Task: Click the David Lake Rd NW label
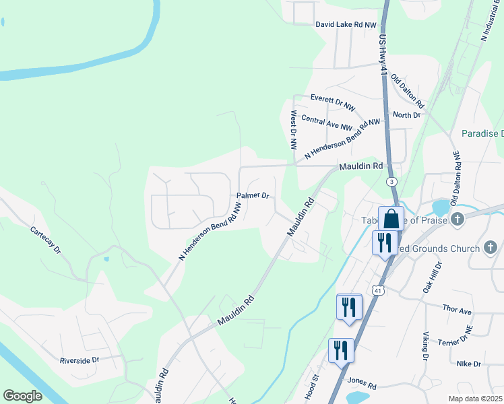click(x=346, y=25)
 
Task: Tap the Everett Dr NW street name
click(x=332, y=102)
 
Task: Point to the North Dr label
click(x=406, y=115)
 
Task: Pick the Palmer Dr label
click(x=253, y=196)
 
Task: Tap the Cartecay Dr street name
click(x=46, y=240)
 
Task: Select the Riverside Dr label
click(x=79, y=360)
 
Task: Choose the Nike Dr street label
click(x=468, y=364)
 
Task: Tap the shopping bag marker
click(x=391, y=218)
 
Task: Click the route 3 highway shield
click(x=391, y=182)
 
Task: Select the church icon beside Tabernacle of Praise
click(x=457, y=219)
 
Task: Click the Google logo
click(x=22, y=395)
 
